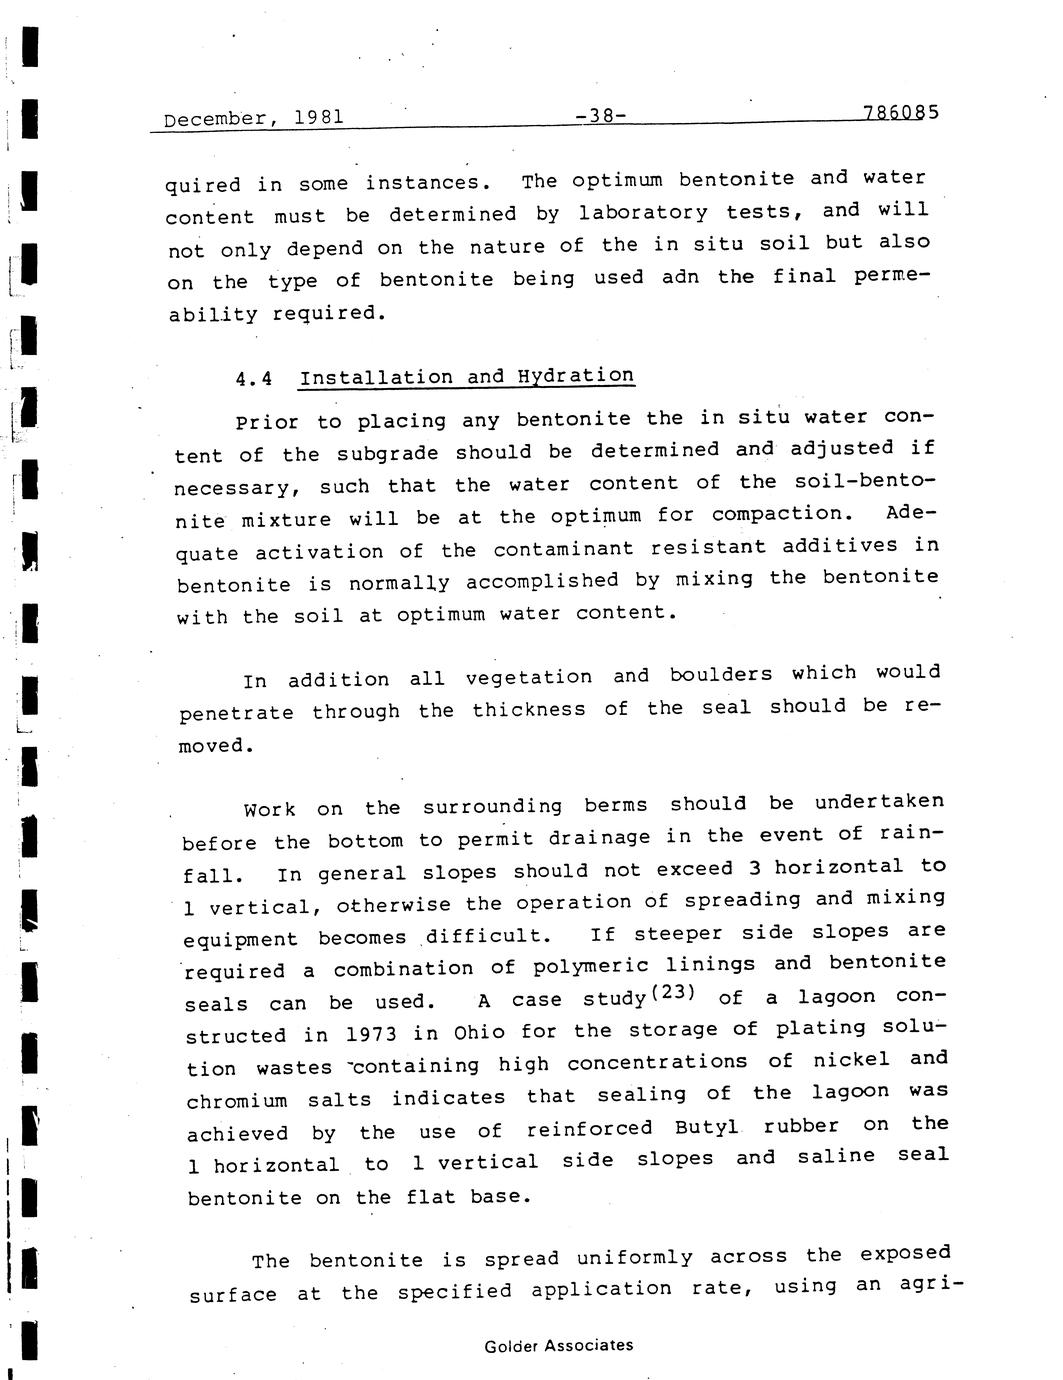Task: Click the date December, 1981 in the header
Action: pos(253,118)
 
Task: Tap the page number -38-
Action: pos(601,116)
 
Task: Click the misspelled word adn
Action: pos(680,277)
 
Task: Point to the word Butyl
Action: pos(706,1127)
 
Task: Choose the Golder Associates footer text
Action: pos(558,1346)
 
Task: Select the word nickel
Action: pos(850,1060)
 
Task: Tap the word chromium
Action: pos(236,1101)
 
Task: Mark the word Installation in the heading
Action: pos(376,378)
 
